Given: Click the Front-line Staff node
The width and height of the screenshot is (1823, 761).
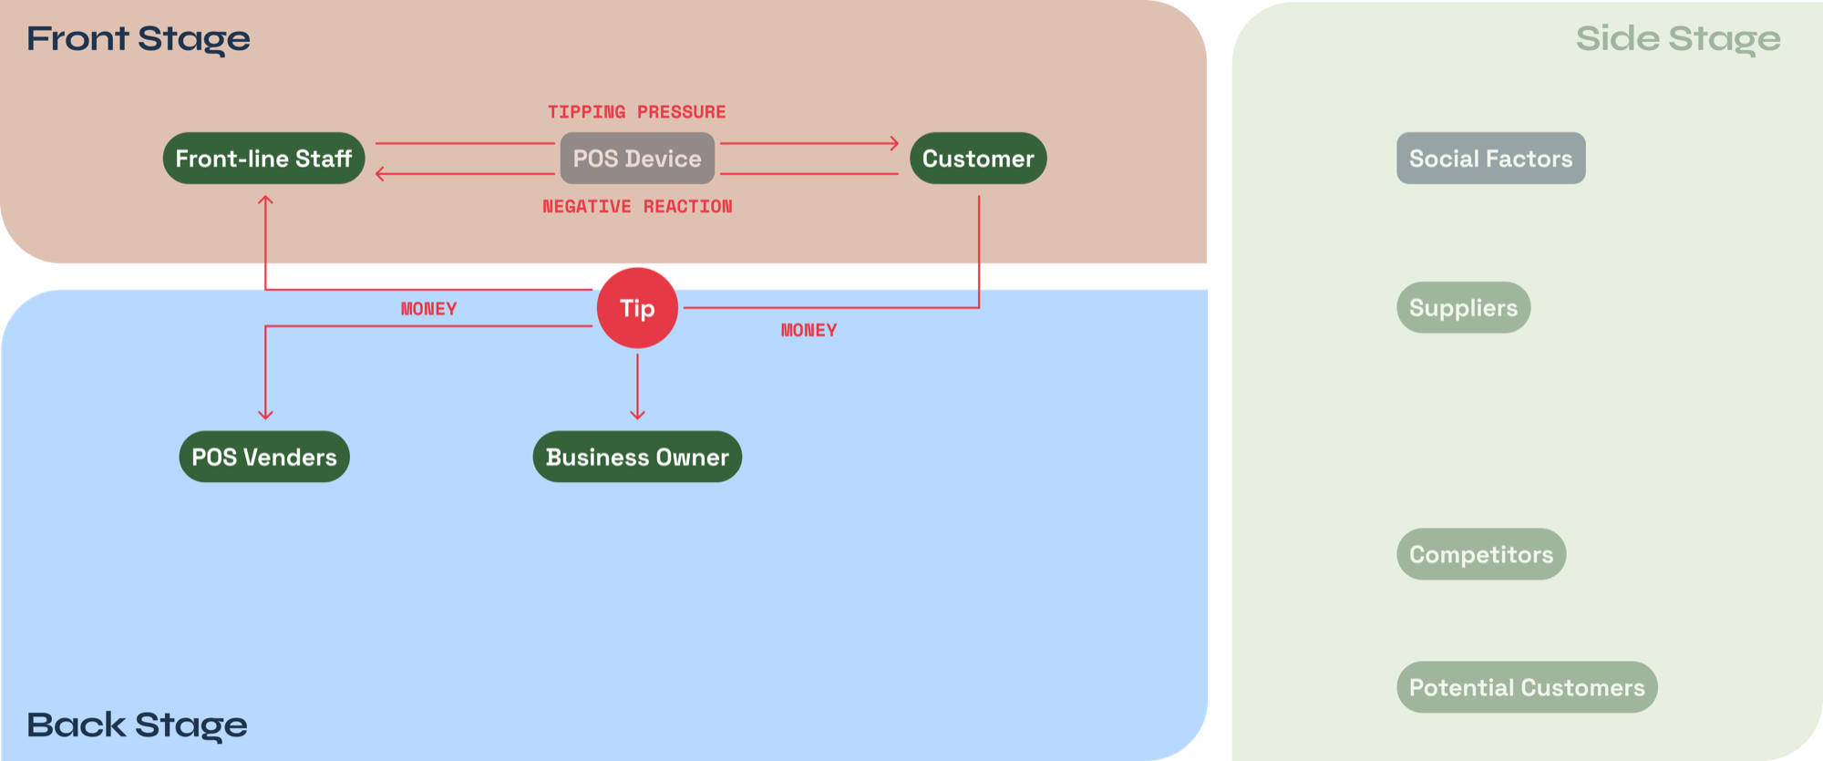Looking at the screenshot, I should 263,159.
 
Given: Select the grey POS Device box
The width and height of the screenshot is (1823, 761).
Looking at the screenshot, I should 637,159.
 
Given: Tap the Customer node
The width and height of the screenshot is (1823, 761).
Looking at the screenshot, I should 978,159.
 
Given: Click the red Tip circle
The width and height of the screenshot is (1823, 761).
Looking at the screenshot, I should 637,308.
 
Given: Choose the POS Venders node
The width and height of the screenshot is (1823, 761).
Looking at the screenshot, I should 264,457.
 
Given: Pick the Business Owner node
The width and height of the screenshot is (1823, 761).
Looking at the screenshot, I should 637,457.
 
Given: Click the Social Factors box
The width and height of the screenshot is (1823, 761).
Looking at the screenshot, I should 1490,159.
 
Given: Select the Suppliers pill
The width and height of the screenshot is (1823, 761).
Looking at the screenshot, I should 1463,308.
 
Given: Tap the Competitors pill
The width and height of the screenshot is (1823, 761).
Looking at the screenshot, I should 1481,554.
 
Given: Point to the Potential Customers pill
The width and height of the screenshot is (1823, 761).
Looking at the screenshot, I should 1527,687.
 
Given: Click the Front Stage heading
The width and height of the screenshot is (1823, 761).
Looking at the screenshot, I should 139,39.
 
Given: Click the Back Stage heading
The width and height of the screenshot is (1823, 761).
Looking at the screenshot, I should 137,725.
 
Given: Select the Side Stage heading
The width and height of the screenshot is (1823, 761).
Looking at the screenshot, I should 1678,39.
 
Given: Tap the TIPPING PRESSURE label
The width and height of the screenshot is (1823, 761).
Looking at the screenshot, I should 636,112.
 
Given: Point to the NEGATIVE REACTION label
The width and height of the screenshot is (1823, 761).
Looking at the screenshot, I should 637,207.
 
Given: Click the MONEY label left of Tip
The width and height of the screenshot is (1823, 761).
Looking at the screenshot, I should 428,309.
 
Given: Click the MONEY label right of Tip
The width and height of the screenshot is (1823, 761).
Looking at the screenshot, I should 809,331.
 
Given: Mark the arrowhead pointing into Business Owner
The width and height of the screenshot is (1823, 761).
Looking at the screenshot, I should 637,415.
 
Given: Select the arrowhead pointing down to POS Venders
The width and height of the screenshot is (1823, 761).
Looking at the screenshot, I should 265,415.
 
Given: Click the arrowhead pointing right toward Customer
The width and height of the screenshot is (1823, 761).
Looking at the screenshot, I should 894,143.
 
